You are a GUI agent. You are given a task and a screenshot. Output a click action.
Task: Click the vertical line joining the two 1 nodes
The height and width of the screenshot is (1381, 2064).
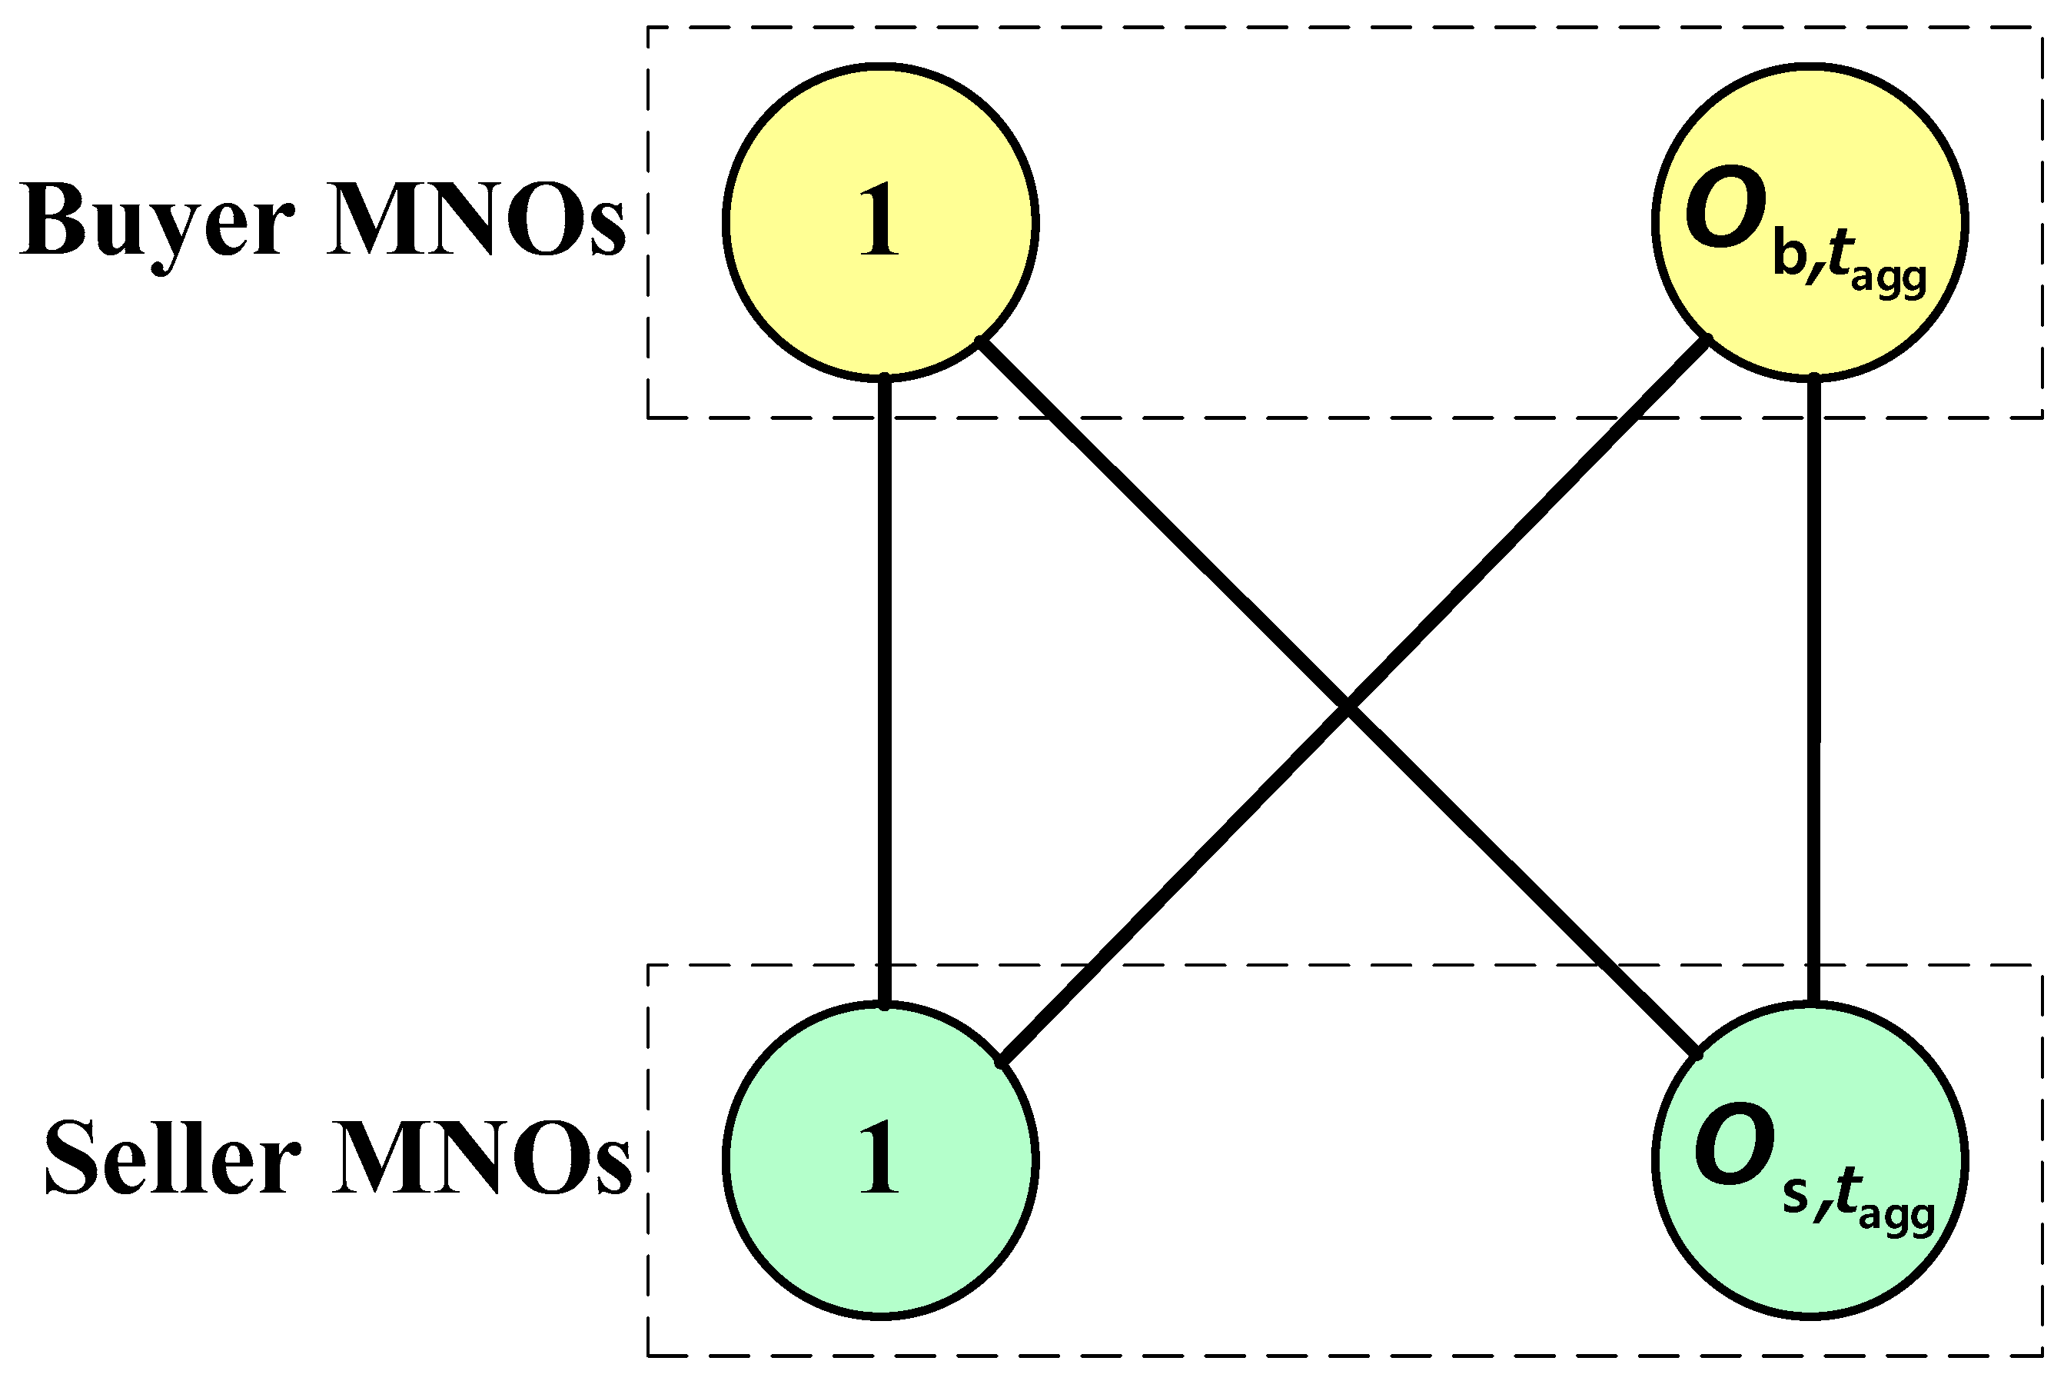coord(885,687)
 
